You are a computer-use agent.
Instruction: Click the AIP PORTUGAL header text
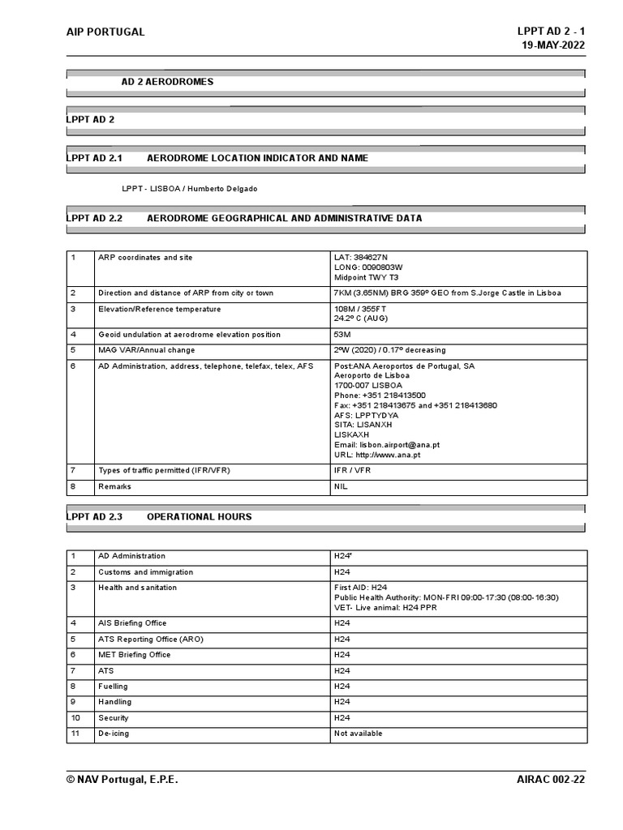tap(105, 32)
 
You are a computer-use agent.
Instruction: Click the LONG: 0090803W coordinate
tap(368, 267)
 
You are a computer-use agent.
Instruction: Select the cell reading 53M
tap(342, 335)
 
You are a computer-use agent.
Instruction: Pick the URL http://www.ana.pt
tap(377, 455)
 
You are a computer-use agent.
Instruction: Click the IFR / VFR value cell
tap(352, 471)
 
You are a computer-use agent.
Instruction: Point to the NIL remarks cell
tap(341, 487)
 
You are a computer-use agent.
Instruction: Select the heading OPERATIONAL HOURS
tap(200, 516)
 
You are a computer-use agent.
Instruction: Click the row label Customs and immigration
tap(142, 572)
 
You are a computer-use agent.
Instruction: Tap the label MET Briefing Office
tap(135, 655)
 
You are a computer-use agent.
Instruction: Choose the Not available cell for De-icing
tap(359, 734)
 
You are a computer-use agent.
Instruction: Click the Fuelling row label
tap(114, 687)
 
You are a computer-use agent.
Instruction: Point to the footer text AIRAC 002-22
tap(551, 780)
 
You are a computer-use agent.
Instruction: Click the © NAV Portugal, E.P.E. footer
tap(122, 780)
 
